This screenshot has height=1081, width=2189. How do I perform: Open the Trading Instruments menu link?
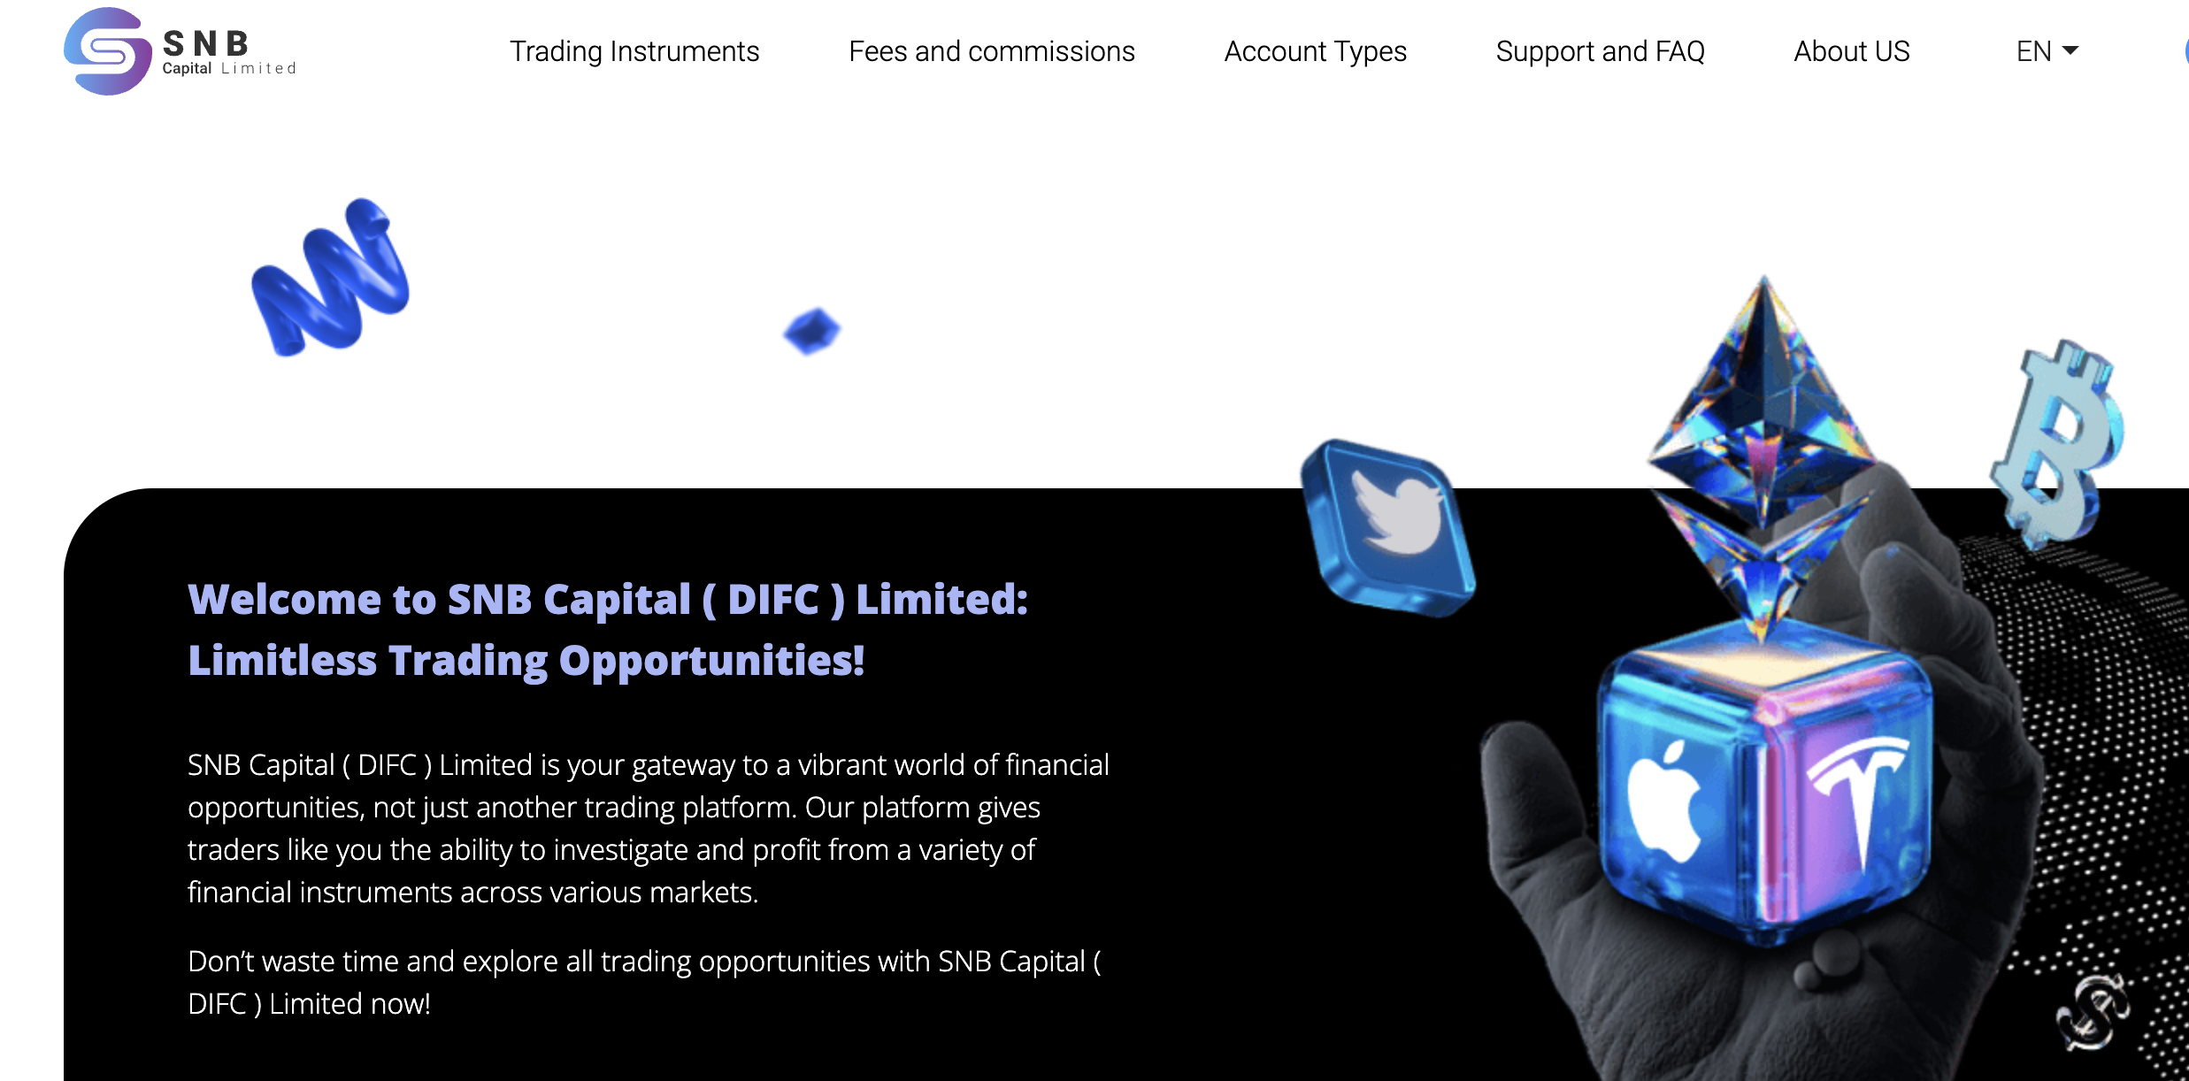click(634, 51)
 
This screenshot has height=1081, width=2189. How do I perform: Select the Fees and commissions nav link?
click(992, 51)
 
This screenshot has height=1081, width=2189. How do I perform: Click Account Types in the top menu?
click(1316, 51)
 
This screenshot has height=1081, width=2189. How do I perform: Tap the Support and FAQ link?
click(1601, 51)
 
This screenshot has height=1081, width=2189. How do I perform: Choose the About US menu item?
click(1852, 51)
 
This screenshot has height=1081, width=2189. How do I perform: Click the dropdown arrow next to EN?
click(2070, 50)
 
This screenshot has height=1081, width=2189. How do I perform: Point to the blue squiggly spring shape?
click(331, 278)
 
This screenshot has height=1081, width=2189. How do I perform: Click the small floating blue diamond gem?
click(812, 331)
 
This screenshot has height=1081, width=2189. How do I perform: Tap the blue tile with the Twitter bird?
click(1387, 528)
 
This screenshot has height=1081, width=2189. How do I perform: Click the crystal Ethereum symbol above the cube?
click(1761, 451)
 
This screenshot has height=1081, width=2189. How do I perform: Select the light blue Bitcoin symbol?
click(2057, 442)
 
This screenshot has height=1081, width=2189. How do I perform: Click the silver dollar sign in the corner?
click(2092, 1010)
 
